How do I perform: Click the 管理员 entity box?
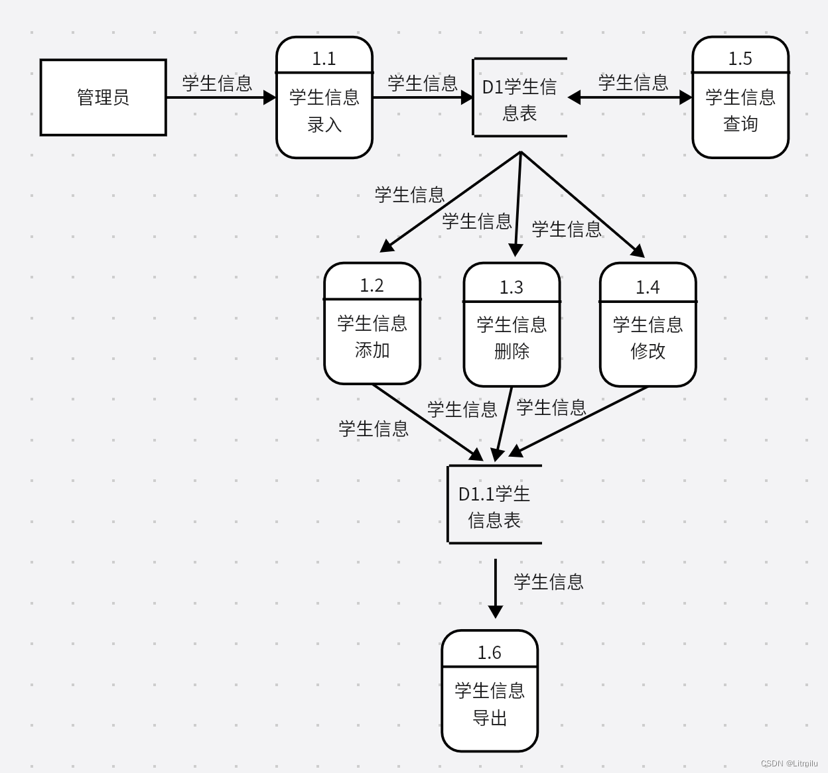(x=103, y=97)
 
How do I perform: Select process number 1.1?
(x=324, y=58)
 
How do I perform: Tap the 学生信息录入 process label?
(x=324, y=111)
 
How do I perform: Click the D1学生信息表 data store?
(x=519, y=99)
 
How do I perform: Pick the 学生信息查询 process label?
(x=740, y=111)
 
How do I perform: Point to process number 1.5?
(x=740, y=58)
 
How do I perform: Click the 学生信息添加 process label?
(x=372, y=337)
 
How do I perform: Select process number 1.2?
(x=372, y=285)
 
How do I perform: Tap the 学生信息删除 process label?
(x=512, y=338)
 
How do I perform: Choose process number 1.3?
(x=512, y=287)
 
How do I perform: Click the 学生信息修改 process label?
(x=648, y=338)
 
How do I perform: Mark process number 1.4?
(x=648, y=287)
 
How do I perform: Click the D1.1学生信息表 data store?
(x=494, y=506)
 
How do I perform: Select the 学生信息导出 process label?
(x=490, y=704)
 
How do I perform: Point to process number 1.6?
(x=490, y=652)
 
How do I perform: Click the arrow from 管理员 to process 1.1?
(x=220, y=97)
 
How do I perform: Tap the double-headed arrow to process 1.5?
(x=630, y=97)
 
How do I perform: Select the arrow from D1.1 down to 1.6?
(x=496, y=587)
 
